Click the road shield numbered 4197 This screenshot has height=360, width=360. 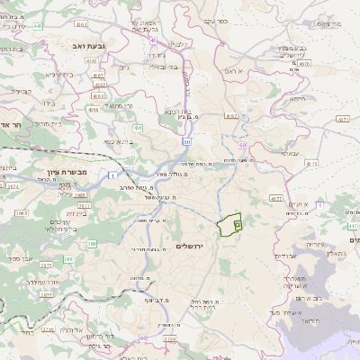(x=231, y=116)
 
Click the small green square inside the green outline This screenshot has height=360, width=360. (x=238, y=222)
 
